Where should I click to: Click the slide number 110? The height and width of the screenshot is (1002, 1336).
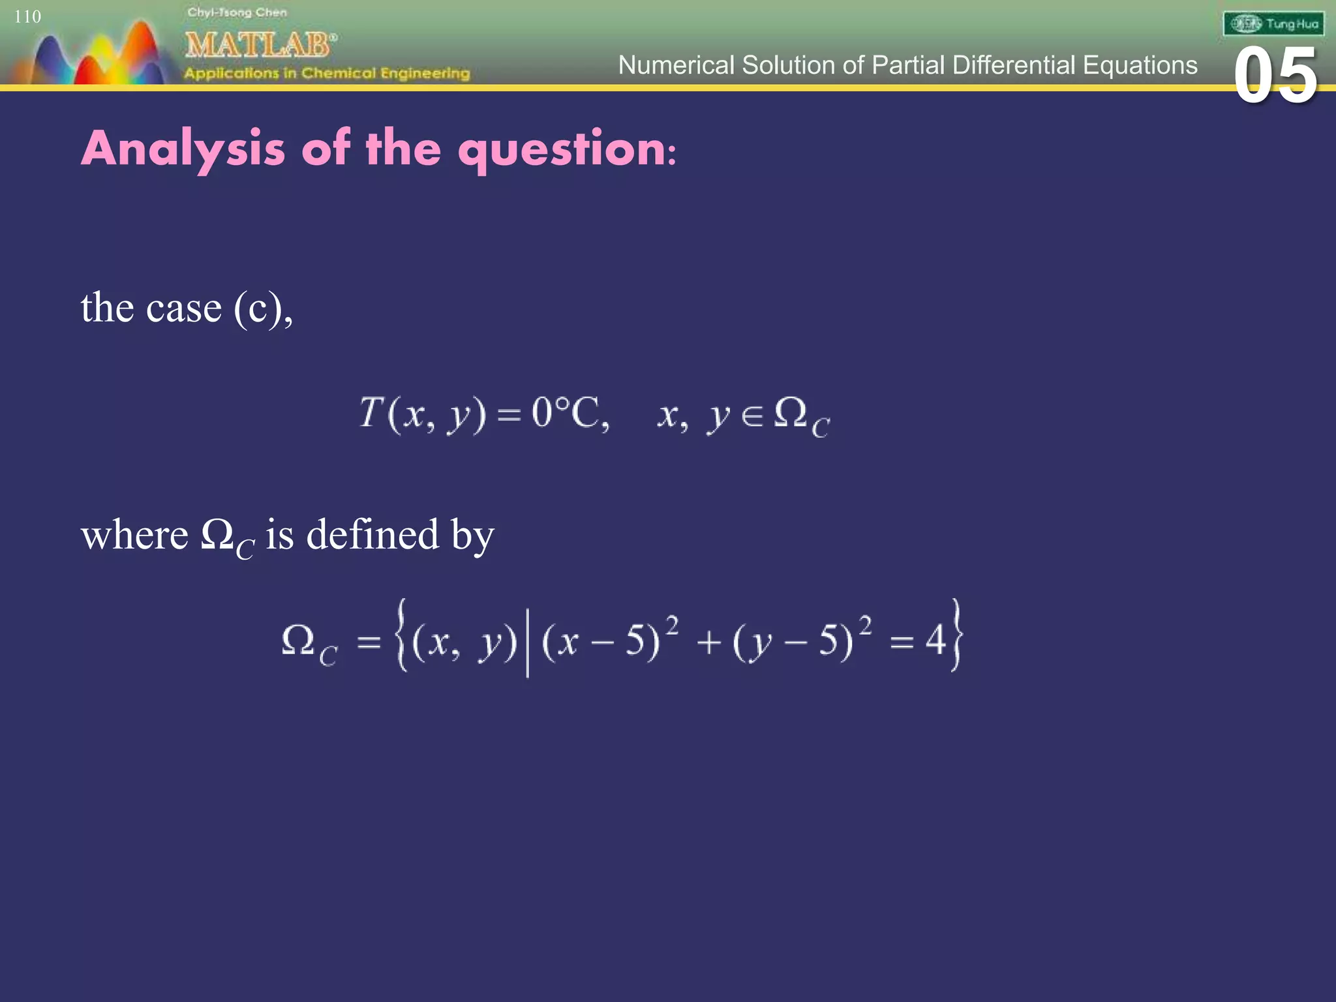pyautogui.click(x=27, y=17)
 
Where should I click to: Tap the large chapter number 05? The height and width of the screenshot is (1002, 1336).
pyautogui.click(x=1275, y=77)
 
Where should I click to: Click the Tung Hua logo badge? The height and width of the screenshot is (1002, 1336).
pyautogui.click(x=1273, y=25)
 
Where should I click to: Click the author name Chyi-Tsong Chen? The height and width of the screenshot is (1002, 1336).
pyautogui.click(x=237, y=12)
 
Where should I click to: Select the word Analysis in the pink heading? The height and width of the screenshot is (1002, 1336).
pyautogui.click(x=183, y=149)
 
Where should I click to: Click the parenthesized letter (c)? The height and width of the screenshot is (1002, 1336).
pyautogui.click(x=258, y=308)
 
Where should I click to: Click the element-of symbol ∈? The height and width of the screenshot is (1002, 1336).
pyautogui.click(x=752, y=416)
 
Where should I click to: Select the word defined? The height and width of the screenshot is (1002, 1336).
pyautogui.click(x=372, y=535)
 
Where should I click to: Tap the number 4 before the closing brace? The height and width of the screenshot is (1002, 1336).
pyautogui.click(x=936, y=640)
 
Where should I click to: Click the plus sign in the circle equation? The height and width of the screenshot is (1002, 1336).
pyautogui.click(x=708, y=643)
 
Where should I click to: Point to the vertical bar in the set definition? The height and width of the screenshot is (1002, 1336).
pyautogui.click(x=527, y=640)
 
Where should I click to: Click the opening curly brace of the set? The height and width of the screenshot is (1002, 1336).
pyautogui.click(x=401, y=636)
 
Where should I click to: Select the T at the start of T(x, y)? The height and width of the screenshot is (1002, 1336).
pyautogui.click(x=371, y=412)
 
